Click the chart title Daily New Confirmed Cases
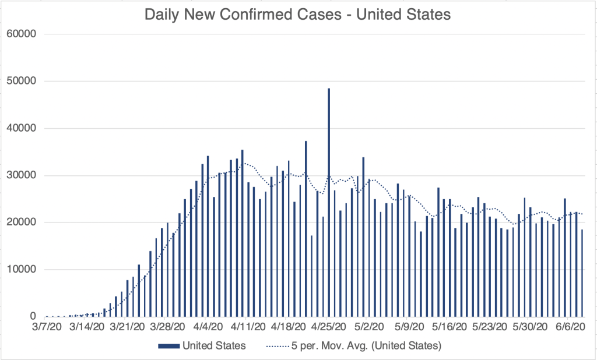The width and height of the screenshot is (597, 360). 297,15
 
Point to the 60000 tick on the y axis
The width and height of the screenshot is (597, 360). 21,34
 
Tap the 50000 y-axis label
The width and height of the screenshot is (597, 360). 21,81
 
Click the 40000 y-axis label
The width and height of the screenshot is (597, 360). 21,128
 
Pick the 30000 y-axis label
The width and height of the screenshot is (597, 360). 21,175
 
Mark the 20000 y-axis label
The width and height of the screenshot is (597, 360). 21,223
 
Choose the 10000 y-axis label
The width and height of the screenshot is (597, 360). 21,270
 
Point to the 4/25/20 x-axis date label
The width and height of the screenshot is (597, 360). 326,327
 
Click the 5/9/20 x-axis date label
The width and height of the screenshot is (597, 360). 407,327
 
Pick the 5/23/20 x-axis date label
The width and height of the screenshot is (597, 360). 487,327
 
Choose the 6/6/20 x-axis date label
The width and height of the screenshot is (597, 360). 568,327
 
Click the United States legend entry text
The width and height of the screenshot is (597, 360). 214,345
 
